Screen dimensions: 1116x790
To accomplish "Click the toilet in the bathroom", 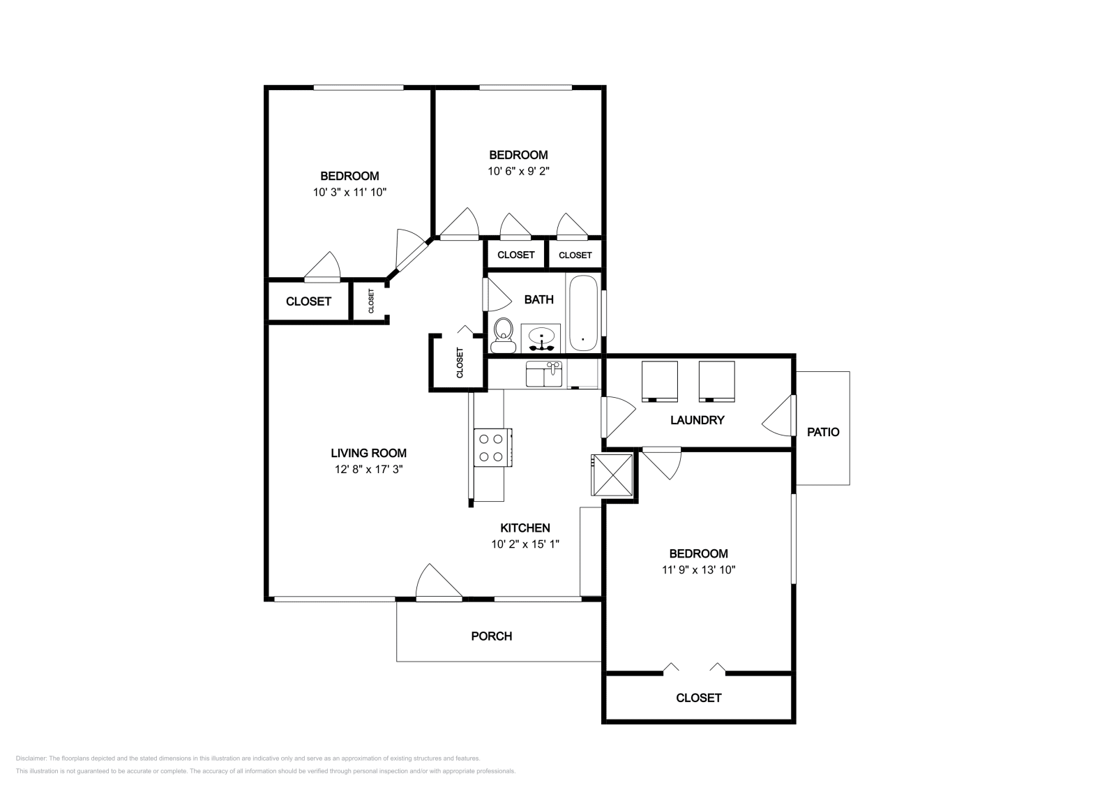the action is (503, 336).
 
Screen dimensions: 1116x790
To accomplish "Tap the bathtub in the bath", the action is (583, 313).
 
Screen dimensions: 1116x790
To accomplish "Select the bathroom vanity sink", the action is (541, 338).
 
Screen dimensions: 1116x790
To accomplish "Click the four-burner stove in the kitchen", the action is (492, 447).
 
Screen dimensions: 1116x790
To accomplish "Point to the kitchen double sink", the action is (544, 374).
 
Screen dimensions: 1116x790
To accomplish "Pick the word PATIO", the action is (823, 432).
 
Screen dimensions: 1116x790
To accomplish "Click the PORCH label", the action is (492, 636).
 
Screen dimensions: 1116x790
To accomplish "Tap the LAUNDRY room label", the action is (697, 420).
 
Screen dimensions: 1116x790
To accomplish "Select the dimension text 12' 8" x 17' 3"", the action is (369, 469).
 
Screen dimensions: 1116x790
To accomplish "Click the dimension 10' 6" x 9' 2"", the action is (518, 171).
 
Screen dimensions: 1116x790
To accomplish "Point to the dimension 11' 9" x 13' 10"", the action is (698, 569).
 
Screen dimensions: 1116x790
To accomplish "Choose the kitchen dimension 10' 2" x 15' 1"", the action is (525, 544).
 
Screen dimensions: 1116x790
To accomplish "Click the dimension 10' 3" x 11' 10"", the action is (349, 192).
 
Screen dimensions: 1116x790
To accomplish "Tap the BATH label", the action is (539, 299).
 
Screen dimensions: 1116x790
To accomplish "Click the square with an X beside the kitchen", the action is (612, 475).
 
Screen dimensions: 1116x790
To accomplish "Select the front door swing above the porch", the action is (439, 581).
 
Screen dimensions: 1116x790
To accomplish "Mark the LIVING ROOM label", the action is (369, 453).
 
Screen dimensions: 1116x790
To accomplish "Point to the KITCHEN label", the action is (525, 528).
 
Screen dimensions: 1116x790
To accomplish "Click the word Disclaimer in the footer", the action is (31, 758).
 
